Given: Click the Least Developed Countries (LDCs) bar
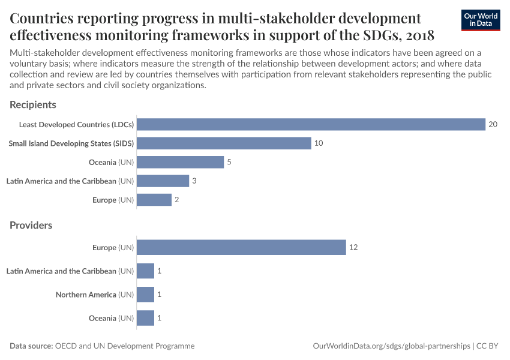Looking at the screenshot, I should point(311,124).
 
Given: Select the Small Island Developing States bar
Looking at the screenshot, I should point(224,143).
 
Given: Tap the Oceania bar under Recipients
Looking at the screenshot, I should point(180,162).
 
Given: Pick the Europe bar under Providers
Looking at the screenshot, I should point(241,247).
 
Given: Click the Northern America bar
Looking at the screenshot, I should point(145,295).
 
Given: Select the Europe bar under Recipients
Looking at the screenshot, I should point(154,200).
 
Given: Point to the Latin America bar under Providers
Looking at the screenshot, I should point(145,271).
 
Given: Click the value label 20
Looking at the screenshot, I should point(493,124).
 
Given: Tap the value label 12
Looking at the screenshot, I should point(353,247).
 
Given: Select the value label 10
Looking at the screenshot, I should point(319,143).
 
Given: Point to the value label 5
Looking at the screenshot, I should point(229,162).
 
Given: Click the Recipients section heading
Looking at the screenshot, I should point(33,104).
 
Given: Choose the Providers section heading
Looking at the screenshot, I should point(31,226).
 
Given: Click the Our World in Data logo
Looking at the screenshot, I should point(480,20).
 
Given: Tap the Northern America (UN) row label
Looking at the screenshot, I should point(95,295).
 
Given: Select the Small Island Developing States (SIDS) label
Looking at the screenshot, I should point(71,143).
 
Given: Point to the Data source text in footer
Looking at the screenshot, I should point(102,346).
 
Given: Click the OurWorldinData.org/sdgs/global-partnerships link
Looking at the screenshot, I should point(392,346).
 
